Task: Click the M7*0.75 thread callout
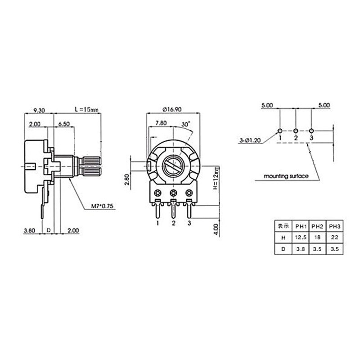pos(103,206)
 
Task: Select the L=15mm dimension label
pos(86,109)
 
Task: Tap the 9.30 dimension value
pos(39,110)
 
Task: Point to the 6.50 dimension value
pos(64,124)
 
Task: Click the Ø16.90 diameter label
pos(172,109)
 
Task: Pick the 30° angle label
pos(186,124)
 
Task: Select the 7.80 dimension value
pos(161,123)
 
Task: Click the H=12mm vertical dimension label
pos(216,178)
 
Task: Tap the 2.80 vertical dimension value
pos(126,180)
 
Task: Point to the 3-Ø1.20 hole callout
pos(250,140)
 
